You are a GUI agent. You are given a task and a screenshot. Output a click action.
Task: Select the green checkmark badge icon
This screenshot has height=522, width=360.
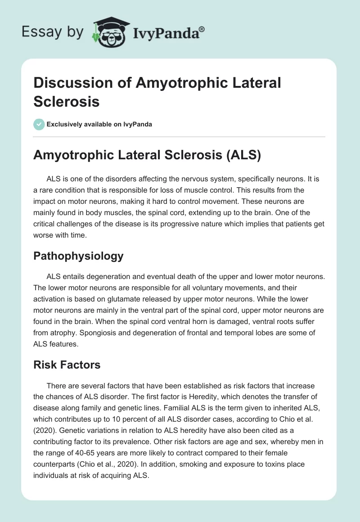click(x=39, y=124)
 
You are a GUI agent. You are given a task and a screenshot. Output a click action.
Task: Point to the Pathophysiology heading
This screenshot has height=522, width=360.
click(x=78, y=256)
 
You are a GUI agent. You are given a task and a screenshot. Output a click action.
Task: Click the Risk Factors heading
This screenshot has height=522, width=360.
click(x=67, y=364)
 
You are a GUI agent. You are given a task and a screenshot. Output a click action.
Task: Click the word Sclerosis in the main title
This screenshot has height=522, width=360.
click(x=67, y=101)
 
